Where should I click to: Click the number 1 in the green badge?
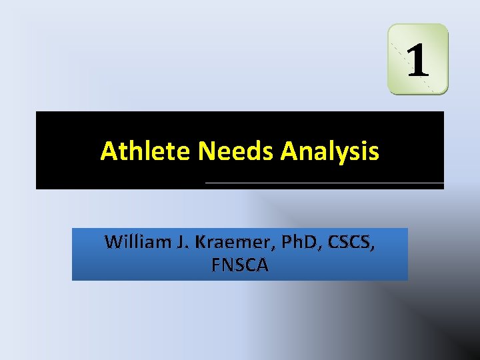pyautogui.click(x=418, y=59)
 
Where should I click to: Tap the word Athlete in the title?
pyautogui.click(x=146, y=152)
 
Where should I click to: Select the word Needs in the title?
pyautogui.click(x=237, y=152)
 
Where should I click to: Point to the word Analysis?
pyautogui.click(x=330, y=152)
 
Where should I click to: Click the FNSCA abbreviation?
pyautogui.click(x=239, y=266)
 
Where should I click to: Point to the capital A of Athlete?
pyautogui.click(x=108, y=152)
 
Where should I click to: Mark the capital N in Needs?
pyautogui.click(x=206, y=152)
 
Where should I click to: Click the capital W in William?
pyautogui.click(x=112, y=242)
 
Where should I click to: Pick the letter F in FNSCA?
pyautogui.click(x=215, y=266)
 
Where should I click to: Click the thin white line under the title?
pyautogui.click(x=324, y=183)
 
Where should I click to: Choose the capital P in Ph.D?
pyautogui.click(x=286, y=242)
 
